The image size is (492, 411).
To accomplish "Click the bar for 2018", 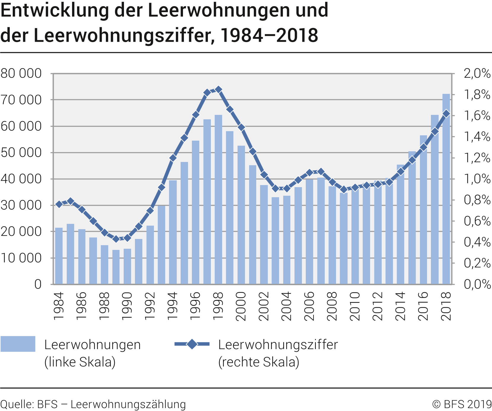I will tap(446, 190).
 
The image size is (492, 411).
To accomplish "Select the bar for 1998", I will tap(219, 200).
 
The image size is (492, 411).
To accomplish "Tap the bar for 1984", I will tap(59, 256).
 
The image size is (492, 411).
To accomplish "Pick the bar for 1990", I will tap(127, 266).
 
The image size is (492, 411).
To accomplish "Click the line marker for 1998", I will tap(219, 89).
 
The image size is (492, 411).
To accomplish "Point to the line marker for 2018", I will tap(446, 114).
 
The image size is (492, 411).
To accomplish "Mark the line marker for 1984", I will tap(59, 204).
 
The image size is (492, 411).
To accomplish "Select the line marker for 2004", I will tap(287, 188).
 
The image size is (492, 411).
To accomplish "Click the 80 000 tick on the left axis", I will tap(21, 73).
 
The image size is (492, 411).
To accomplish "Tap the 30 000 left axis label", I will tap(21, 205).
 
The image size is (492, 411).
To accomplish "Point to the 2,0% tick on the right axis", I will tap(477, 73).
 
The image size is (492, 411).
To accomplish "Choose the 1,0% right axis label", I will tap(477, 179).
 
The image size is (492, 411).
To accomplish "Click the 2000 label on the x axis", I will tap(241, 306).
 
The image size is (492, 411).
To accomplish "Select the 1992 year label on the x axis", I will tap(150, 306).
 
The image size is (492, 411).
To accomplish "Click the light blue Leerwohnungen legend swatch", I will tap(18, 344).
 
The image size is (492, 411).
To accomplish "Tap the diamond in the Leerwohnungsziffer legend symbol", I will tap(192, 344).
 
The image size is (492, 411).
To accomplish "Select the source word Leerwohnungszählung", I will tap(128, 404).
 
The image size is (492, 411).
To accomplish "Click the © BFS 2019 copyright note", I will tap(462, 404).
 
